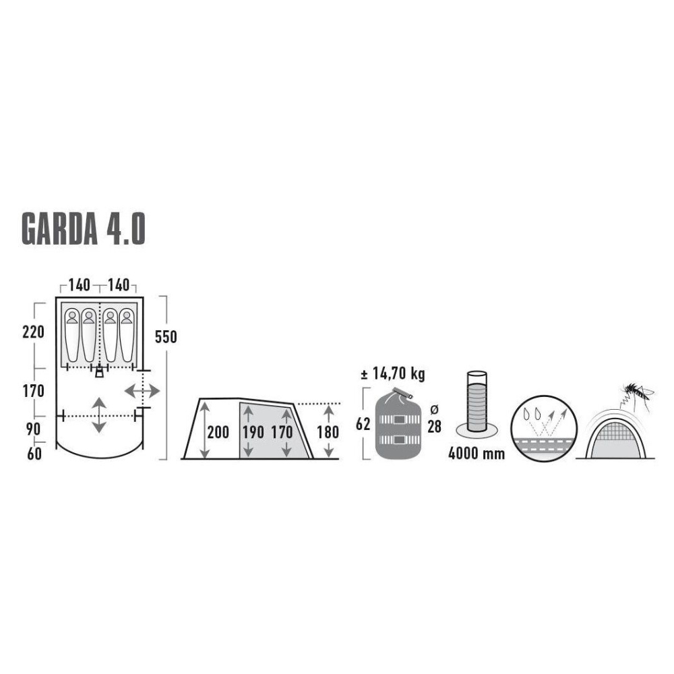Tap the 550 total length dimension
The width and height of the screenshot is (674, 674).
[166, 337]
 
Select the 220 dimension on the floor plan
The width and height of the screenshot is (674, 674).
[33, 332]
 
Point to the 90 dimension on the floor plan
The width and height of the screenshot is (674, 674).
[34, 429]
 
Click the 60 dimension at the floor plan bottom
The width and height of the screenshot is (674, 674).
[34, 454]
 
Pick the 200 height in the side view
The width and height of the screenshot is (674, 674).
[218, 433]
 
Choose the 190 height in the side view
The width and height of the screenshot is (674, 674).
[253, 433]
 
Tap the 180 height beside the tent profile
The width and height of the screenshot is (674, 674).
[328, 433]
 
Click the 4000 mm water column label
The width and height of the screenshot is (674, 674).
[477, 453]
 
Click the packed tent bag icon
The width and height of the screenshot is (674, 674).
[398, 425]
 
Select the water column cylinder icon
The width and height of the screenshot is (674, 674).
[477, 403]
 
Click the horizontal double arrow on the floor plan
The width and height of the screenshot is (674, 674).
[142, 390]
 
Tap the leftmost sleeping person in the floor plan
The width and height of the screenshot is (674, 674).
[71, 334]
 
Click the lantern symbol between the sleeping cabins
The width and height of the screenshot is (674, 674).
[100, 371]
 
